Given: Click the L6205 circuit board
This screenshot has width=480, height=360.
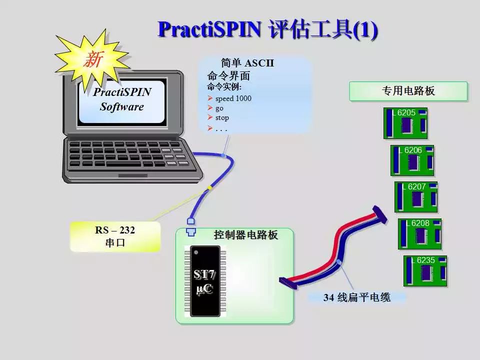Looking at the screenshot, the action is pyautogui.click(x=405, y=123).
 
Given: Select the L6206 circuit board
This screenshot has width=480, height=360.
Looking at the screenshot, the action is pyautogui.click(x=412, y=160).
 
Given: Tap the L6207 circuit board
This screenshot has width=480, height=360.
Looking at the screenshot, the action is pyautogui.click(x=416, y=197).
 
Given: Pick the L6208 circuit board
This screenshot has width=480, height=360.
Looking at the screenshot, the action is pyautogui.click(x=419, y=234).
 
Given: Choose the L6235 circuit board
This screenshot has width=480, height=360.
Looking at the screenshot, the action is pyautogui.click(x=425, y=271).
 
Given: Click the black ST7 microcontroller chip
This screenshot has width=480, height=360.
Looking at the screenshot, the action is pyautogui.click(x=205, y=281).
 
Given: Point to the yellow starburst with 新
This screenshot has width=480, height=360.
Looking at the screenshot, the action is pyautogui.click(x=92, y=59).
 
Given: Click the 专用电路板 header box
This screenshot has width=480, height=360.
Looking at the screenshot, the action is pyautogui.click(x=408, y=91).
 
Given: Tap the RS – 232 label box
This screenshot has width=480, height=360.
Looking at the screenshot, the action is pyautogui.click(x=115, y=236).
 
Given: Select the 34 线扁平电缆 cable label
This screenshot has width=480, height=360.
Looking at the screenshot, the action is pyautogui.click(x=357, y=297).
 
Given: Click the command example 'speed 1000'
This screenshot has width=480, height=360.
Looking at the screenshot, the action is pyautogui.click(x=233, y=98).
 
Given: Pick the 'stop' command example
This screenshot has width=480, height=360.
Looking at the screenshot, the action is pyautogui.click(x=222, y=117).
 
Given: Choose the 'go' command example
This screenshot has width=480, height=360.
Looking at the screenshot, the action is pyautogui.click(x=219, y=108).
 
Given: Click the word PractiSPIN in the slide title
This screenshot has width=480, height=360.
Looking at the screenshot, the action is pyautogui.click(x=209, y=29).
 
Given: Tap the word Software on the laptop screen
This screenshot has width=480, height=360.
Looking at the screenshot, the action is pyautogui.click(x=122, y=106).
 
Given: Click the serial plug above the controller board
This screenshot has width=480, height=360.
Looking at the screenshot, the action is pyautogui.click(x=190, y=226).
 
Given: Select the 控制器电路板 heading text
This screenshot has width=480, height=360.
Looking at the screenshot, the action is pyautogui.click(x=246, y=235).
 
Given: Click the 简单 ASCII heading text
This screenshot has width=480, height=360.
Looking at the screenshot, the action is pyautogui.click(x=247, y=63).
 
